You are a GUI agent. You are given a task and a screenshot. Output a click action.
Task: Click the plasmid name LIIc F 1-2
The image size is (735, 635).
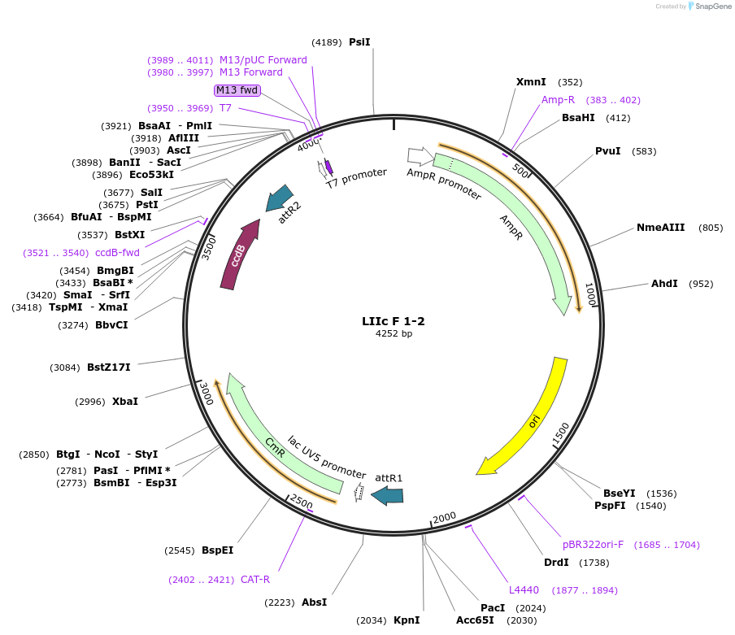(394, 321)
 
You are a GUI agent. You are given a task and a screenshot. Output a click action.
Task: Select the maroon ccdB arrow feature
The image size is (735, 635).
(240, 254)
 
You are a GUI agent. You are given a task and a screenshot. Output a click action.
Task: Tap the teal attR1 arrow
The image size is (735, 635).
(387, 495)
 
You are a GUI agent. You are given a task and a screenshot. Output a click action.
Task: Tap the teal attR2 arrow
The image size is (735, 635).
(280, 199)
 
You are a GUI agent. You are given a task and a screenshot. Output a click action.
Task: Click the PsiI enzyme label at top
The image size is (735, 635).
(359, 41)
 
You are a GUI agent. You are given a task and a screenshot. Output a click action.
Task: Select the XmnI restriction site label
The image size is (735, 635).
(531, 81)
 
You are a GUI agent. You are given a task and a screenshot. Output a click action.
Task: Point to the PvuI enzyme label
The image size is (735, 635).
(607, 151)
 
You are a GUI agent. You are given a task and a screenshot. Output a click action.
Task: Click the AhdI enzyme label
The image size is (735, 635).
(664, 284)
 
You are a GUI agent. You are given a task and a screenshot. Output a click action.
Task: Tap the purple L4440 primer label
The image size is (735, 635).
(524, 590)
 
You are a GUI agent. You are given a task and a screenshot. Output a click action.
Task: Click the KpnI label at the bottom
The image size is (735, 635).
(407, 620)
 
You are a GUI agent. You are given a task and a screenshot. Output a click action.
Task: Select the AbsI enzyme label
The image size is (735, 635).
(314, 602)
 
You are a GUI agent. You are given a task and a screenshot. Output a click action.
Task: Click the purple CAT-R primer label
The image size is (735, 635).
(254, 580)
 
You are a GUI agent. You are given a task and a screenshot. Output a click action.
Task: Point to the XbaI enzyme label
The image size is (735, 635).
(125, 402)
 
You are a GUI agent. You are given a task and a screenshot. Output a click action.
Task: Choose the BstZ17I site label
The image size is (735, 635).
(109, 368)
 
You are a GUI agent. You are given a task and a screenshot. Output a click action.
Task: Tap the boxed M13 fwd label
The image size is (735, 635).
(237, 90)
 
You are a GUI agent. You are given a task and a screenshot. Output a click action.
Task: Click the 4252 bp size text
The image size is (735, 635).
(394, 334)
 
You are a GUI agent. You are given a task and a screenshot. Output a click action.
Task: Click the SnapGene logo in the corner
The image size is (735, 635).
(709, 7)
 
